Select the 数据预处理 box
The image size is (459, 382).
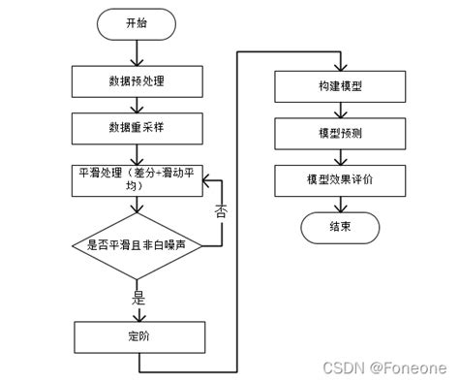click(137, 80)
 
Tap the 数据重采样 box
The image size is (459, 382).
click(137, 127)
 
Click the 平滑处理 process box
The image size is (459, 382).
click(137, 177)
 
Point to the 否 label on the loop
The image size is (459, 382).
click(221, 211)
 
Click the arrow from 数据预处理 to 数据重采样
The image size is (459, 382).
click(137, 104)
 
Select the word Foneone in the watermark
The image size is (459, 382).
click(417, 368)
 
